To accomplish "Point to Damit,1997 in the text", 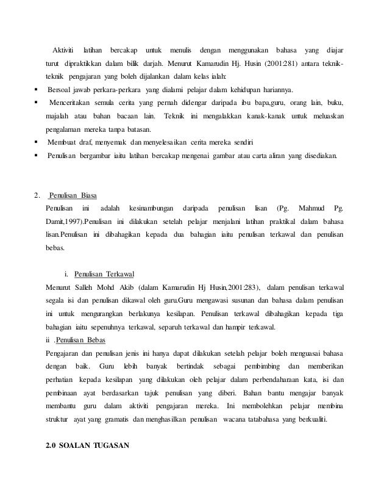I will pyautogui.click(x=64, y=222).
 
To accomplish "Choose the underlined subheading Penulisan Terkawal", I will pyautogui.click(x=103, y=273).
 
